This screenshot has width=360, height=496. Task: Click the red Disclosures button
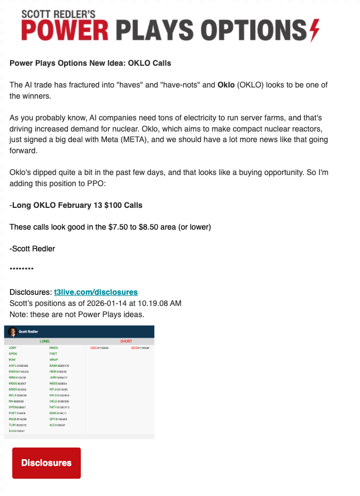pyautogui.click(x=46, y=463)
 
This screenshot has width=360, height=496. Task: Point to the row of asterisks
pyautogui.click(x=22, y=270)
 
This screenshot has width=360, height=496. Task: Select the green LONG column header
pyautogui.click(x=44, y=341)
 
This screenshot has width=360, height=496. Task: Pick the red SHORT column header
pyautogui.click(x=126, y=341)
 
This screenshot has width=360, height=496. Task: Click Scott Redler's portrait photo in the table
pyautogui.click(x=12, y=332)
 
